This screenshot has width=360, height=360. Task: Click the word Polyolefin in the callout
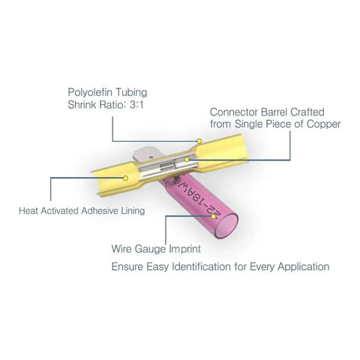tap(90, 92)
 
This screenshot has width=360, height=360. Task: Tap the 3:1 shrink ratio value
tap(136, 105)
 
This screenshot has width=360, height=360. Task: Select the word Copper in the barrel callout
tap(323, 124)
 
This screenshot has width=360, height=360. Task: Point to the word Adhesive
tap(100, 211)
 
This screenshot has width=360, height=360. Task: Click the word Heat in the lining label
tap(28, 211)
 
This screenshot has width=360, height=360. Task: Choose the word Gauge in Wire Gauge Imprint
tap(150, 249)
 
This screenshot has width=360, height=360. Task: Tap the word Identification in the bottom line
tap(201, 266)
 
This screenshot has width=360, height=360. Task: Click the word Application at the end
tap(304, 267)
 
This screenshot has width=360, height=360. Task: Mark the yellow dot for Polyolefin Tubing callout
tap(199, 141)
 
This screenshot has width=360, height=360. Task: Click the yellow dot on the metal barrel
tap(187, 159)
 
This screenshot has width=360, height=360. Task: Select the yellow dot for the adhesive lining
tap(126, 178)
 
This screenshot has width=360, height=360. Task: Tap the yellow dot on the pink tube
tap(213, 217)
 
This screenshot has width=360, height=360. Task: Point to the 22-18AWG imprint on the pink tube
tap(197, 197)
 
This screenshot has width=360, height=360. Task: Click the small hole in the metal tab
tap(151, 157)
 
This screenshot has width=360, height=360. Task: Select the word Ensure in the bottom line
tap(127, 266)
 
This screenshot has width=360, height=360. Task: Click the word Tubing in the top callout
tap(130, 92)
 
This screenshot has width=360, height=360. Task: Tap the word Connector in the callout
tap(234, 112)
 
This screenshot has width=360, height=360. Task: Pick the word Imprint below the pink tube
tap(184, 249)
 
